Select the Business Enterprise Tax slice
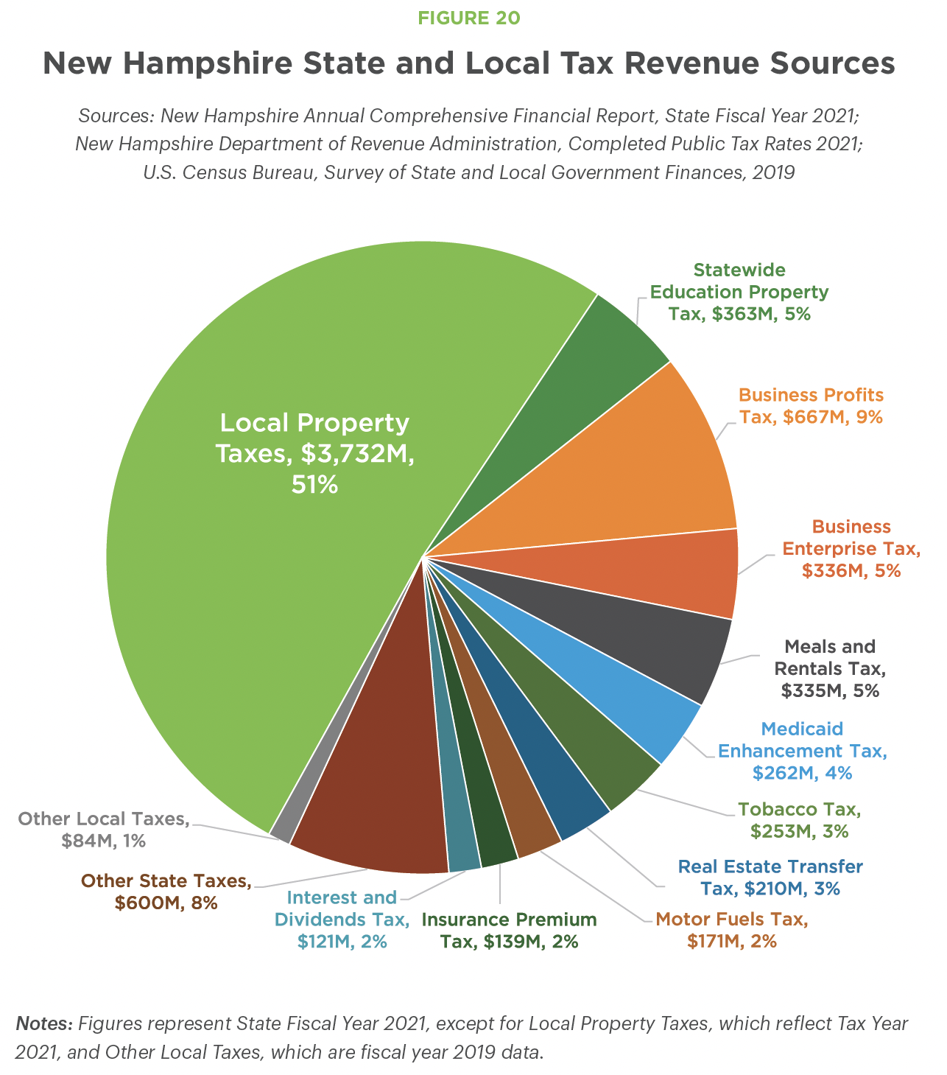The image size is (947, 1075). (x=677, y=571)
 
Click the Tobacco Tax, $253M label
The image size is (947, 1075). (x=800, y=820)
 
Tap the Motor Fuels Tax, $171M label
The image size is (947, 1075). (x=732, y=930)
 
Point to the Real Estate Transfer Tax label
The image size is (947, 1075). (x=770, y=877)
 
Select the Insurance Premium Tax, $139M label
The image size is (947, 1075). (x=510, y=930)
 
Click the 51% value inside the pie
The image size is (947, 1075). (x=314, y=484)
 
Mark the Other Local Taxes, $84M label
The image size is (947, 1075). (x=104, y=830)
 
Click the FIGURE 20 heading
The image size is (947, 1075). (x=469, y=18)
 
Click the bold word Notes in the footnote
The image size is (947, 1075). (x=44, y=1023)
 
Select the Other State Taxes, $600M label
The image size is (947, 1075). (x=166, y=892)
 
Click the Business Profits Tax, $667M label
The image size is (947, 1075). (x=811, y=406)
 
